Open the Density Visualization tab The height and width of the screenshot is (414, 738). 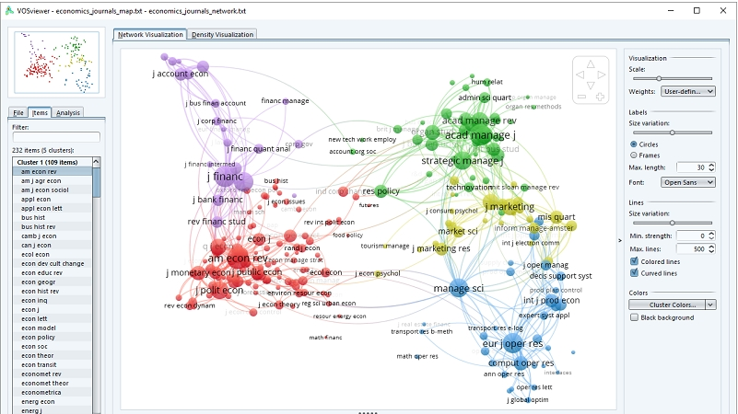pyautogui.click(x=223, y=34)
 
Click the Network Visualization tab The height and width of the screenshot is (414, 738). pyautogui.click(x=150, y=34)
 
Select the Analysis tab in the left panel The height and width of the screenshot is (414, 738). pyautogui.click(x=68, y=112)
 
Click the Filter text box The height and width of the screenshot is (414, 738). pyautogui.click(x=55, y=137)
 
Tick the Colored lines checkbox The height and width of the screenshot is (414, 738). pyautogui.click(x=633, y=261)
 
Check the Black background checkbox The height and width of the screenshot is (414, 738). pyautogui.click(x=633, y=316)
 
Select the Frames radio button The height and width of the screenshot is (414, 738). pyautogui.click(x=633, y=155)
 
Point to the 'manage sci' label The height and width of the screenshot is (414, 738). pyautogui.click(x=458, y=289)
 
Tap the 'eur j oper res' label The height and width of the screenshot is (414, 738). pyautogui.click(x=513, y=344)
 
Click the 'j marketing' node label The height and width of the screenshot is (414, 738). pyautogui.click(x=510, y=207)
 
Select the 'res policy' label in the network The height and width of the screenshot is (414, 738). pyautogui.click(x=381, y=191)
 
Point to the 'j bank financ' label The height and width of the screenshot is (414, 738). pyautogui.click(x=217, y=200)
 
